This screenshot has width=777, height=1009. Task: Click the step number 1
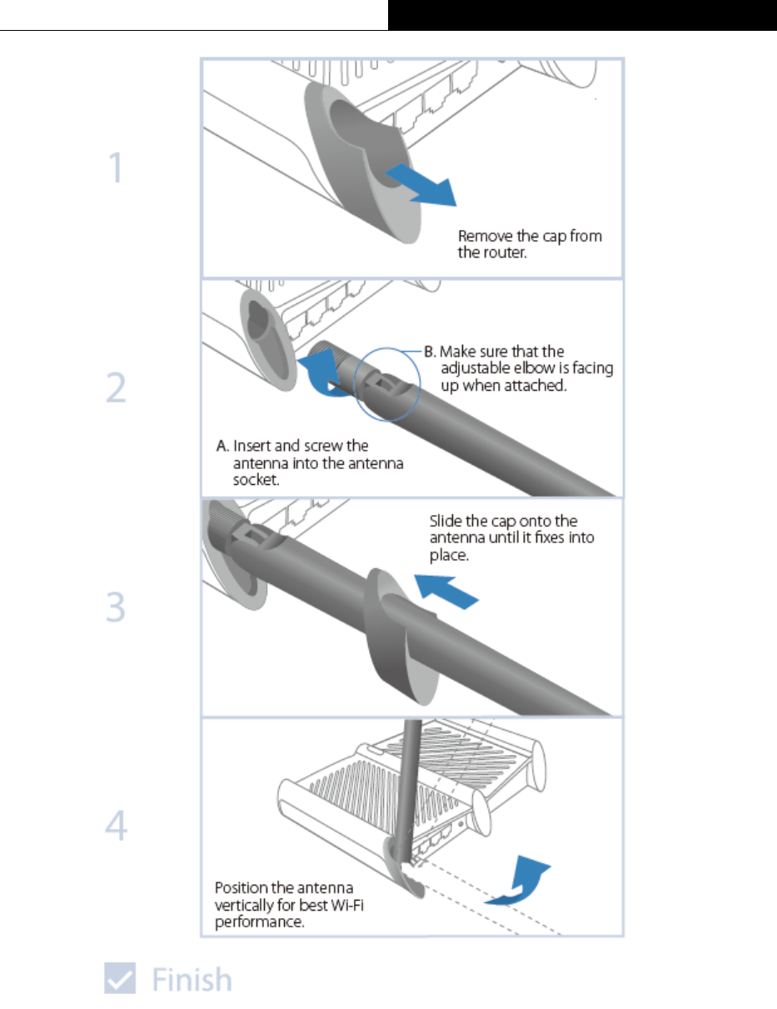click(x=115, y=169)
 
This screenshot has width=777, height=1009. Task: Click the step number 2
click(x=116, y=389)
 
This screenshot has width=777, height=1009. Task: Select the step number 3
click(x=116, y=608)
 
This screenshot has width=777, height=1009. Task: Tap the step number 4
click(x=116, y=827)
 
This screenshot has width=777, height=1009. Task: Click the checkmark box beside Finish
click(x=120, y=978)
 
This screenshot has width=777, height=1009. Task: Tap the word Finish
click(x=192, y=979)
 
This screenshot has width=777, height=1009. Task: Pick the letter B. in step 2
click(x=429, y=352)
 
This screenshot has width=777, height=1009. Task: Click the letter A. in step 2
click(x=222, y=446)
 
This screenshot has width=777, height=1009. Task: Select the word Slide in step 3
click(x=446, y=521)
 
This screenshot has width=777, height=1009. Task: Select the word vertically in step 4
click(x=247, y=906)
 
